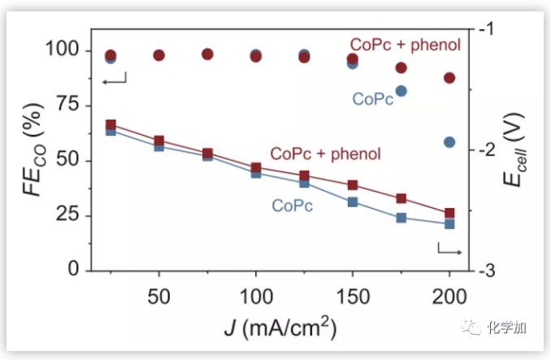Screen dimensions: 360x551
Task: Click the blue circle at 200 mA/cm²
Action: [449, 142]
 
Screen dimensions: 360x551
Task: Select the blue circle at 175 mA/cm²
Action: [401, 91]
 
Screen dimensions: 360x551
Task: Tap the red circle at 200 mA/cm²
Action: [449, 78]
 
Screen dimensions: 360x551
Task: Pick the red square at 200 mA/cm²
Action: [449, 213]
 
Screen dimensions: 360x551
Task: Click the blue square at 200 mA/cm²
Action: [449, 223]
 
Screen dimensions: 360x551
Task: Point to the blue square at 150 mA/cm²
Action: [353, 202]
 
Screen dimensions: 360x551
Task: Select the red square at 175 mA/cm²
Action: [401, 198]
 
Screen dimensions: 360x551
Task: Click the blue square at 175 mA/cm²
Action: [401, 218]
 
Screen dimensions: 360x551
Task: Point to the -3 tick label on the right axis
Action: [488, 270]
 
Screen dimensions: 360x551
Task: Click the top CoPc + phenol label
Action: [405, 44]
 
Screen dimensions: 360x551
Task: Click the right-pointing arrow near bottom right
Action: [449, 249]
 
